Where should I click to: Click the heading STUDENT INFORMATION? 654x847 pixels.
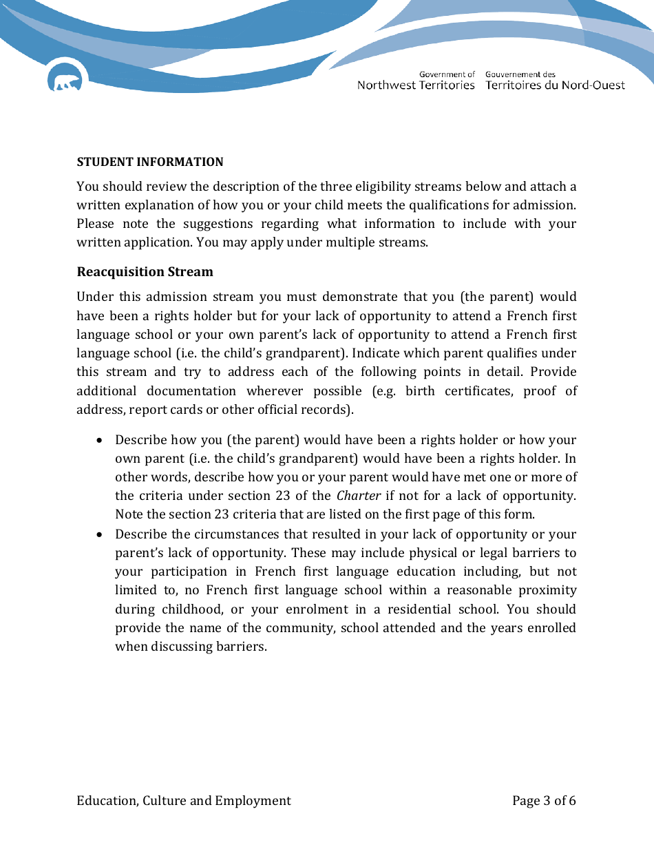pyautogui.click(x=150, y=162)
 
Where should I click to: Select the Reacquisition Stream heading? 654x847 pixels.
pyautogui.click(x=145, y=271)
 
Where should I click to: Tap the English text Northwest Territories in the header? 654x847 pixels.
pyautogui.click(x=416, y=85)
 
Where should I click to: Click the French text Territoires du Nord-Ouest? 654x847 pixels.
pyautogui.click(x=555, y=85)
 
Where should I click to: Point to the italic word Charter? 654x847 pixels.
pyautogui.click(x=359, y=496)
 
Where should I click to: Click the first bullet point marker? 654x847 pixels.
pyautogui.click(x=101, y=440)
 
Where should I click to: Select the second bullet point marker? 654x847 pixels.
pyautogui.click(x=101, y=534)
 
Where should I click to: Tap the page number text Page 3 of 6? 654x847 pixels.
pyautogui.click(x=544, y=800)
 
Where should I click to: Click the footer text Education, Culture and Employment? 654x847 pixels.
pyautogui.click(x=184, y=800)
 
